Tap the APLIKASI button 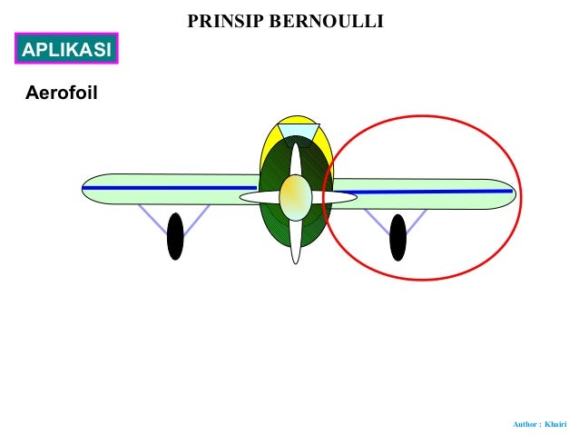point(66,50)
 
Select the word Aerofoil point(61,94)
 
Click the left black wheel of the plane point(175,236)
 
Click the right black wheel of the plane point(397,237)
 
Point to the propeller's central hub point(296,197)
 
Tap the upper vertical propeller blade point(295,159)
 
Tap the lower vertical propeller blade point(296,241)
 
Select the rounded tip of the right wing point(506,193)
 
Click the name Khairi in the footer point(555,424)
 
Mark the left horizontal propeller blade point(259,197)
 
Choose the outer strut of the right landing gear point(418,222)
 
